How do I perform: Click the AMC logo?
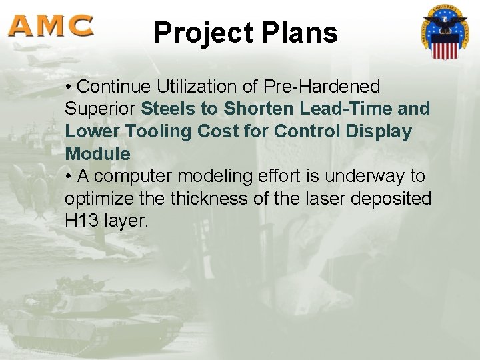[x=51, y=26]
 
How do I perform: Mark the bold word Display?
[x=379, y=131]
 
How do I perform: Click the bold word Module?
[x=97, y=154]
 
